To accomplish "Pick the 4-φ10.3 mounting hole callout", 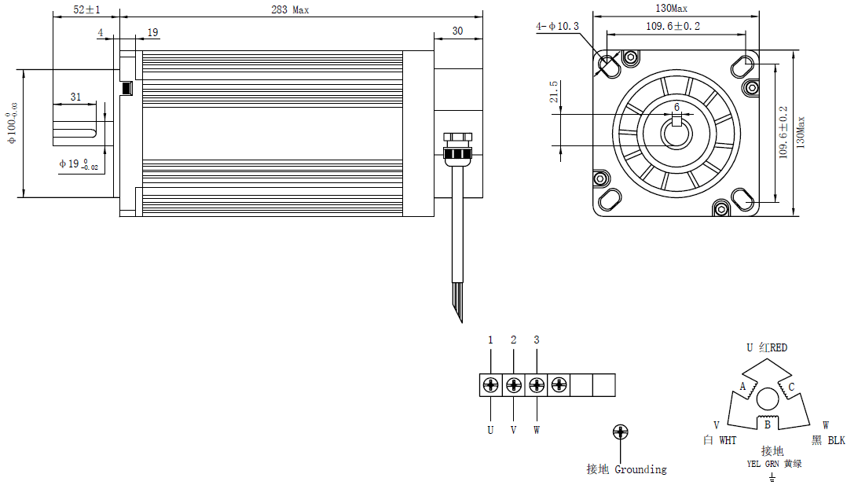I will point(557,26).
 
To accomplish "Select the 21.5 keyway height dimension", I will point(554,93).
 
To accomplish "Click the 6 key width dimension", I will point(676,107).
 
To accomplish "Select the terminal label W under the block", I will point(537,430).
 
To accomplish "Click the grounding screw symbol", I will point(620,432).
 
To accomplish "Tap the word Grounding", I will point(640,469).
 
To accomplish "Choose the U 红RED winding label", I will point(766,347).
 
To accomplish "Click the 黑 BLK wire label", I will point(827,441).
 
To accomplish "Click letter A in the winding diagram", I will point(742,386).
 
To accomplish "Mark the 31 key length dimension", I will point(75,97).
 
